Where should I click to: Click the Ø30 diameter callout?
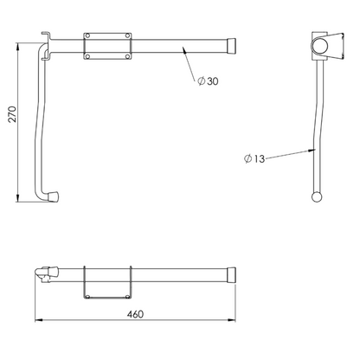click(x=208, y=80)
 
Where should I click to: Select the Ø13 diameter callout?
click(x=254, y=158)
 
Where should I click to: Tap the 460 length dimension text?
click(x=135, y=314)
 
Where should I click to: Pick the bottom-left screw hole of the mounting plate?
click(x=87, y=56)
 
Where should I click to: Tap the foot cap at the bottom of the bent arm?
click(x=55, y=198)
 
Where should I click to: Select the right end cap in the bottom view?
click(x=231, y=274)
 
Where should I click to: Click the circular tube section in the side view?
click(x=318, y=44)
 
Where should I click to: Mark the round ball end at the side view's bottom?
click(x=317, y=197)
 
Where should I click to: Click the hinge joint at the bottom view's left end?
click(x=41, y=274)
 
